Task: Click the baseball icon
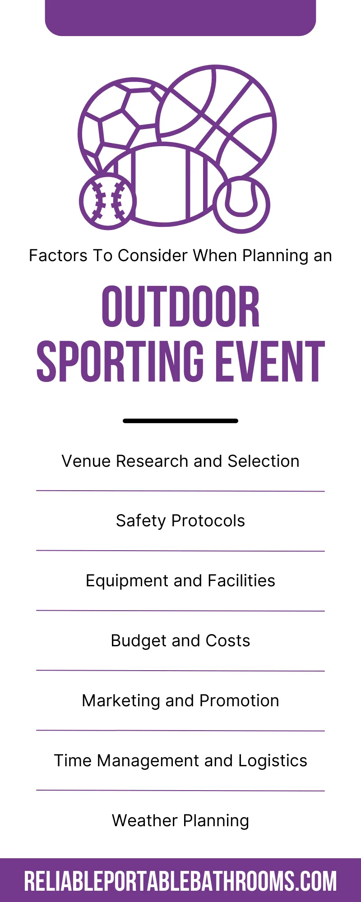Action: pos(107,201)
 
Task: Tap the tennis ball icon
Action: pos(241,204)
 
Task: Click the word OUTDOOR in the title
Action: pos(180,307)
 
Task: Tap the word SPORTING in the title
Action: pos(120,361)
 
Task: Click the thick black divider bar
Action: pos(180,421)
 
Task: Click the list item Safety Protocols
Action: pos(180,521)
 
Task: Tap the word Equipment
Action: pos(127,581)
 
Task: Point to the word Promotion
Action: pos(239,701)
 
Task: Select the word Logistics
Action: pos(273,761)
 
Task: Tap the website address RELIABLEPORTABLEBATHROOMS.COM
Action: pos(180,881)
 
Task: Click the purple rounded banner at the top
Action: pos(180,18)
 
